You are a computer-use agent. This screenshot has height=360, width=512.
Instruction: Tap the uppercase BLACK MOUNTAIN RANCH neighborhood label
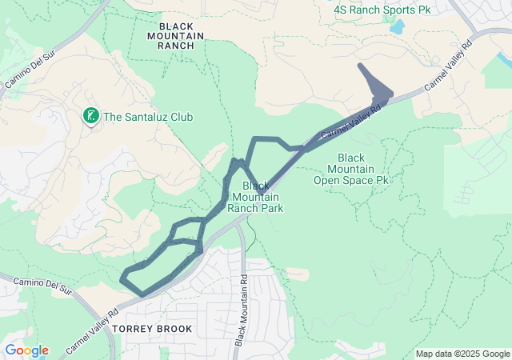point(176,35)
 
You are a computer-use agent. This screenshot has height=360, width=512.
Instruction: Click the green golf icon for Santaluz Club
point(91,117)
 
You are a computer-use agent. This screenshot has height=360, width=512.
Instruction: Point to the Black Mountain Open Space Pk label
point(356,169)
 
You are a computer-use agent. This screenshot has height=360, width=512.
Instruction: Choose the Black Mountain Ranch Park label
point(255,197)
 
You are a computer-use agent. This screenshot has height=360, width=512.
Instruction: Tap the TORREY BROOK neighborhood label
point(152,329)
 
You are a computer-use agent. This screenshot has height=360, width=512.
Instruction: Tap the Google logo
point(26,350)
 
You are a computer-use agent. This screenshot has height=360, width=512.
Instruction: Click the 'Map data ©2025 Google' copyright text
point(462,354)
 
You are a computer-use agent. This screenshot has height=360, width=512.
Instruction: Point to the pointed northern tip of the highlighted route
point(359,66)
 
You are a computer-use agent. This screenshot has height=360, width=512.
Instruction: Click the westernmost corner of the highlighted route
point(122,278)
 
